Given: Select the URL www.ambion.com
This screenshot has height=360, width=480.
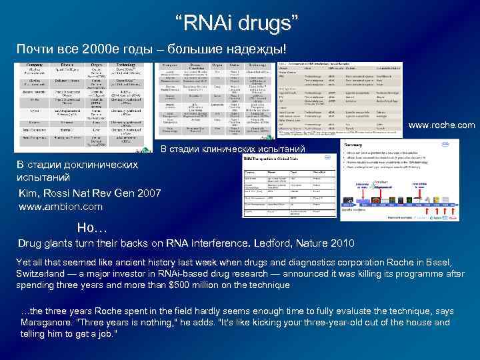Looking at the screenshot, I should click(60, 207).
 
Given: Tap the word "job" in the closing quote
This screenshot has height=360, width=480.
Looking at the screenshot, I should click(106, 333).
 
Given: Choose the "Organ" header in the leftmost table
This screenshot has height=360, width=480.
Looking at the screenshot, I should click(97, 65).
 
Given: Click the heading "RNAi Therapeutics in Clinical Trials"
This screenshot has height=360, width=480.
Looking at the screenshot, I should click(279, 159).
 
